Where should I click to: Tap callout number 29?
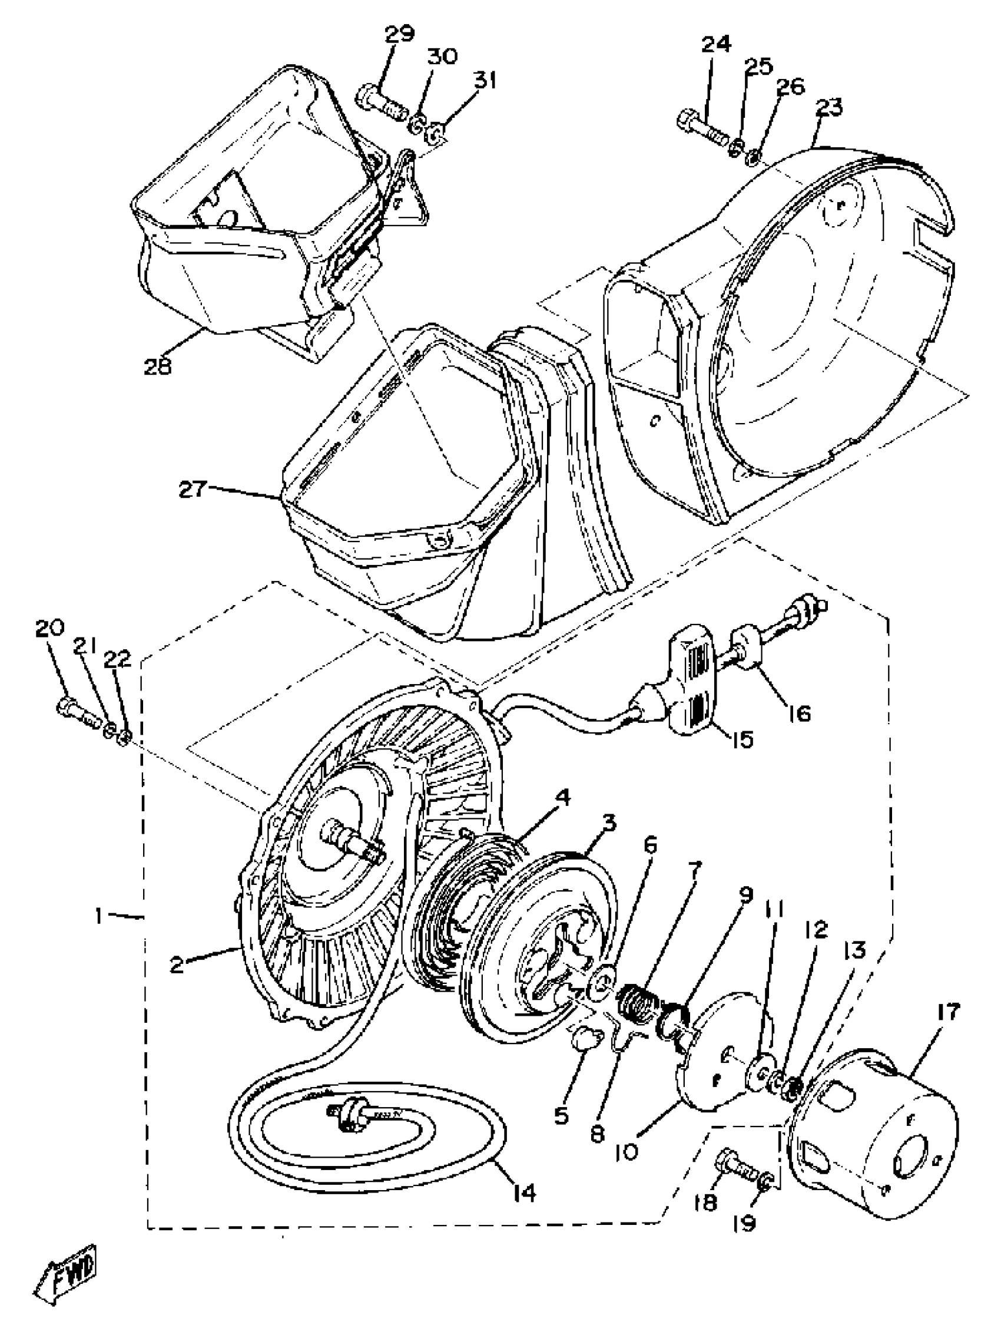click(x=399, y=34)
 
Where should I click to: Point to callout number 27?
click(x=193, y=489)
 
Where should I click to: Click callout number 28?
click(x=157, y=365)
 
